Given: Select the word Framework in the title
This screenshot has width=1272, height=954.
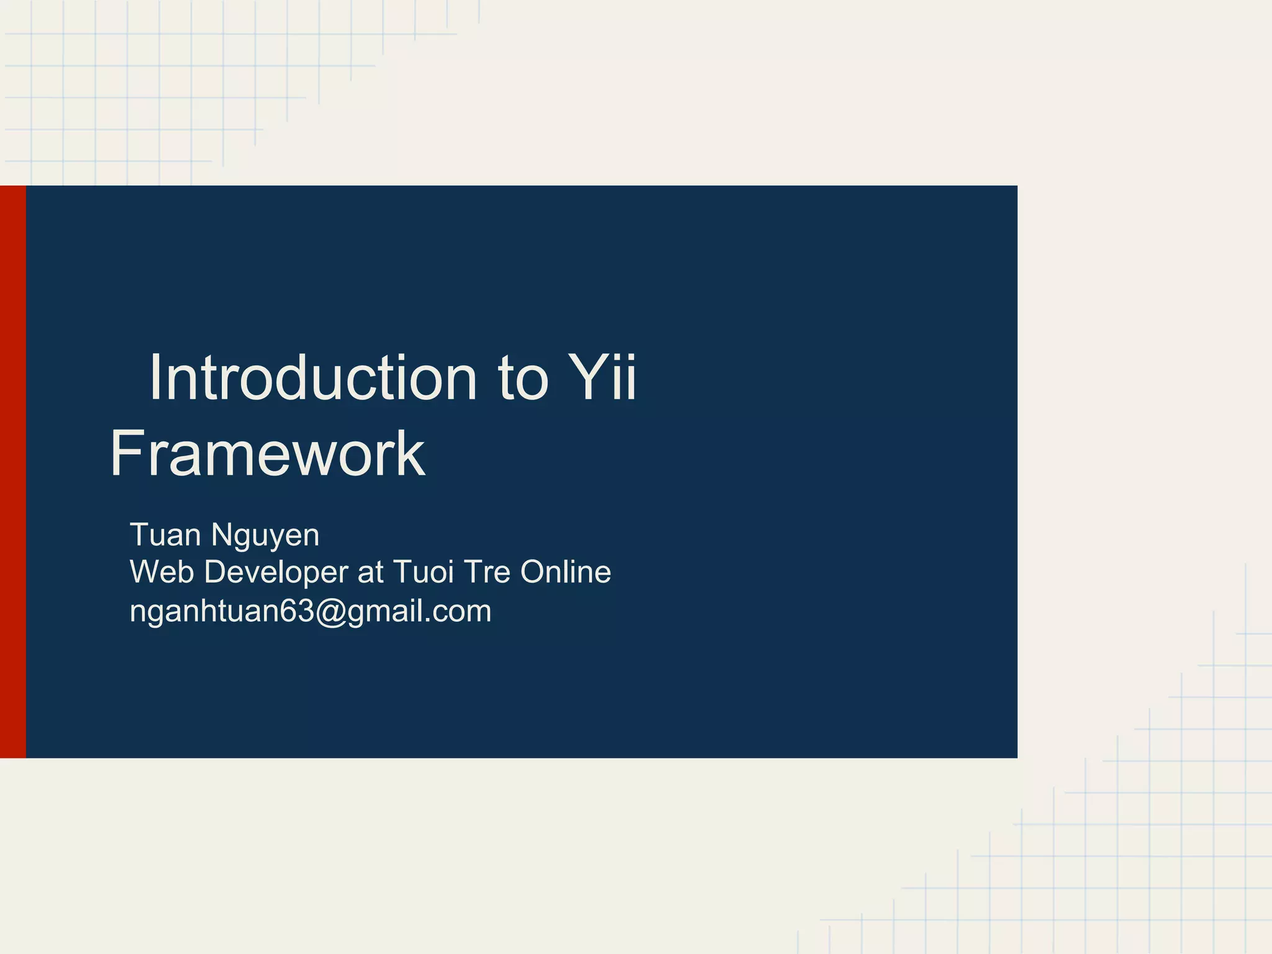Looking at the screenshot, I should (268, 454).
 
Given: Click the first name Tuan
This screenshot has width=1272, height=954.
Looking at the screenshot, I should (165, 535).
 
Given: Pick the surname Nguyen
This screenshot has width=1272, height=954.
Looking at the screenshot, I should (265, 536).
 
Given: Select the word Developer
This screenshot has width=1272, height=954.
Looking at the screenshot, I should (276, 573).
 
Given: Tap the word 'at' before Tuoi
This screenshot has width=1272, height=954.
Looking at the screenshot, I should (371, 573).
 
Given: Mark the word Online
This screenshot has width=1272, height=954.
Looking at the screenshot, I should (565, 572).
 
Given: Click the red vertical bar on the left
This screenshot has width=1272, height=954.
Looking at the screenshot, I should (12, 471).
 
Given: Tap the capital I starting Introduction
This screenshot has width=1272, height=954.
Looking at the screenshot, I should (155, 378).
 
